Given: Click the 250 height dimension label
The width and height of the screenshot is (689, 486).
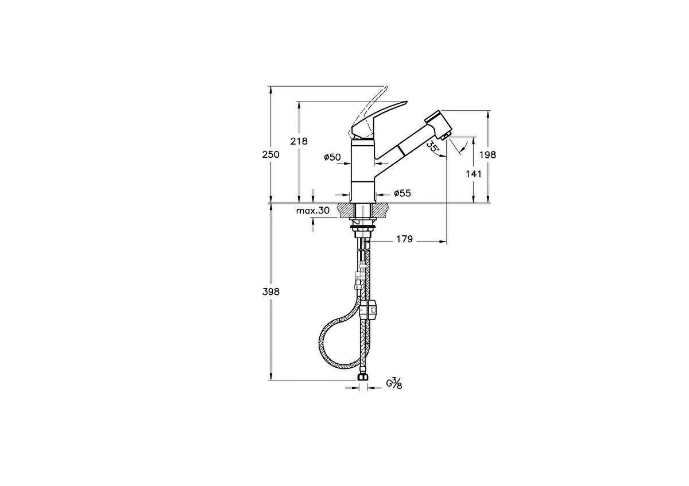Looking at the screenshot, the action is click(270, 154).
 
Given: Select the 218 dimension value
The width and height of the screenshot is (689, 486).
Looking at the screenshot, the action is click(299, 141).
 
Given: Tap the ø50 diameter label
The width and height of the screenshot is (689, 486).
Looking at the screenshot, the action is click(332, 157).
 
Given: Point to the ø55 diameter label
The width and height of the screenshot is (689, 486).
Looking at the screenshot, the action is click(402, 193).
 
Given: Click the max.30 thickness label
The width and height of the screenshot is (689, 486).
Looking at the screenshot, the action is click(313, 211).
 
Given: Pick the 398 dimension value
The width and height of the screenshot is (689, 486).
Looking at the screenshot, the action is click(271, 291).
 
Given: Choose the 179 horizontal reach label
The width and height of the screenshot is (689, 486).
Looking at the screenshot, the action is click(404, 239).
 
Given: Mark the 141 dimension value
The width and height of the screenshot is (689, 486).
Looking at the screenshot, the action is click(473, 174).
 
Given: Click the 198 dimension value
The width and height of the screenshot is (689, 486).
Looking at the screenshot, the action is click(488, 154).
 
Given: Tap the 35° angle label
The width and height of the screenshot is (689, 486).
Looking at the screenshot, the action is click(433, 147).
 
